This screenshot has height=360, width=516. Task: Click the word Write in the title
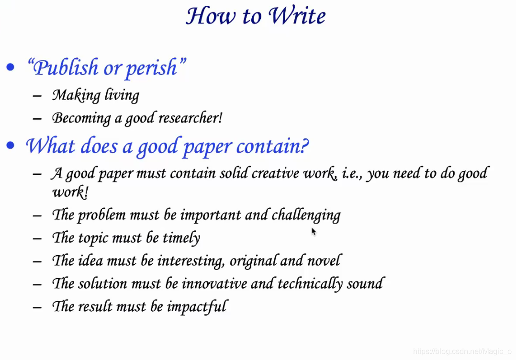click(297, 15)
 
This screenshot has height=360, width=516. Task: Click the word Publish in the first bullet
click(66, 68)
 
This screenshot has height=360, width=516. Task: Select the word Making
click(77, 95)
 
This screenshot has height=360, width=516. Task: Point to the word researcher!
click(190, 118)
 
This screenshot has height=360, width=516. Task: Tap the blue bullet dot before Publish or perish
click(11, 67)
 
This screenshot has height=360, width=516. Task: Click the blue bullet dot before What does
click(11, 145)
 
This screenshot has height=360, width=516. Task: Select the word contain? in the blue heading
click(272, 146)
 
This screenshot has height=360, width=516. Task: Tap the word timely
click(181, 238)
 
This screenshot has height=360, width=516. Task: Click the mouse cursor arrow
click(314, 231)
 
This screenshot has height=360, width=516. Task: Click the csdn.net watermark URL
click(462, 351)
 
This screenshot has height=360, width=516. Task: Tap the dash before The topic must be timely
click(37, 238)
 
